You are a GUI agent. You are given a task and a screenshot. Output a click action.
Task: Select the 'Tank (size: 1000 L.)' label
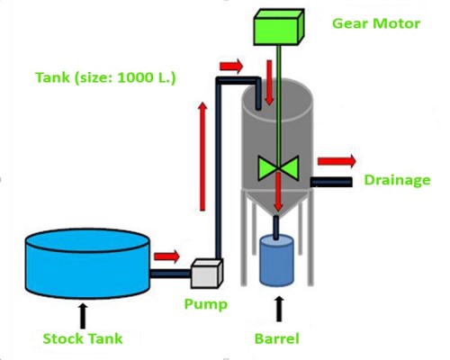[x=105, y=77]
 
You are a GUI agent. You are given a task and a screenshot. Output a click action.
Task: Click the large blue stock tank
[x=85, y=262]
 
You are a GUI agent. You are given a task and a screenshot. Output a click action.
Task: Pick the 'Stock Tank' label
[x=82, y=339]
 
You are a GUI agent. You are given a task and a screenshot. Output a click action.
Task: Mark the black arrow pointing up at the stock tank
[x=83, y=315]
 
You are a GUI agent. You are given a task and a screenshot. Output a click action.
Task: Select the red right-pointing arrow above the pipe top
[x=230, y=66]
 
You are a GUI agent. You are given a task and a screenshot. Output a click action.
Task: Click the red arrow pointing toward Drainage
[x=337, y=160]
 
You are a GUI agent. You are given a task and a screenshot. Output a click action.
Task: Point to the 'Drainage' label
[x=397, y=180]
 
